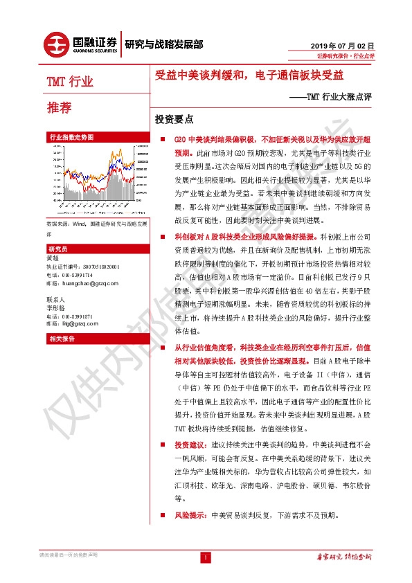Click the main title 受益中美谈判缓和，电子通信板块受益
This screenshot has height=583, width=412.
tap(249, 75)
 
